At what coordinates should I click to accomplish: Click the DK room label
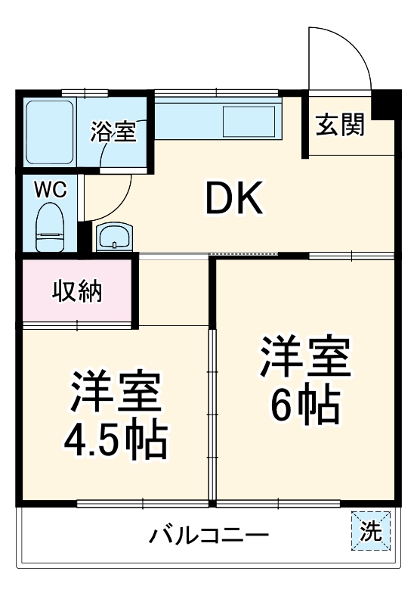(233, 200)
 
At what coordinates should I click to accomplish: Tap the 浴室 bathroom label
(113, 132)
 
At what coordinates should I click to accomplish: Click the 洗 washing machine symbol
(370, 532)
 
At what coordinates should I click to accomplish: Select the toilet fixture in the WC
(51, 227)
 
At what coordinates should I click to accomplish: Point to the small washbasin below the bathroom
(114, 236)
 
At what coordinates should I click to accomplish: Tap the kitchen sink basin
(249, 121)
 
